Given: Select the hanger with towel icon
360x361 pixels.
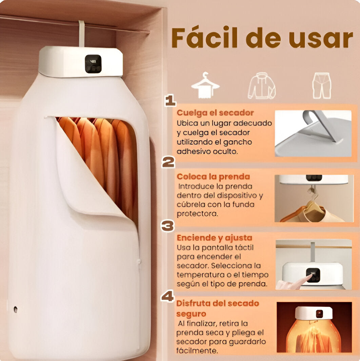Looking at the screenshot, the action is tap(205, 85).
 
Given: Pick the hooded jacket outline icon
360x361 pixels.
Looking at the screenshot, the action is tap(262, 85).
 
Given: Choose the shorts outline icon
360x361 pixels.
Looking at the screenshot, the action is tap(322, 85).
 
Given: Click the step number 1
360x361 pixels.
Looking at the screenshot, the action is tap(171, 101).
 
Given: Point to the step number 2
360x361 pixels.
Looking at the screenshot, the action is tap(168, 162).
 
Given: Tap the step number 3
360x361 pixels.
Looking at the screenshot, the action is tap(168, 226).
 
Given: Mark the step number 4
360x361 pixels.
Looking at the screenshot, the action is tap(167, 296).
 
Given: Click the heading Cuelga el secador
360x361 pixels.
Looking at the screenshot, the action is tap(215, 113).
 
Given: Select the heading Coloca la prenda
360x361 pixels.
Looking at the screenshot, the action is tap(213, 176).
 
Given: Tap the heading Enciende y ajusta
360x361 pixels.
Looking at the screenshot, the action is tap(214, 238).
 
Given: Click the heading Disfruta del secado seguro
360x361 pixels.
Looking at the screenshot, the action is tap(217, 308).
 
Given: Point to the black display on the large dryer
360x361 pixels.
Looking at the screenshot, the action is tap(93, 64).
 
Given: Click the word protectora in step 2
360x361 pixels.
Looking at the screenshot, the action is tap(197, 214).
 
